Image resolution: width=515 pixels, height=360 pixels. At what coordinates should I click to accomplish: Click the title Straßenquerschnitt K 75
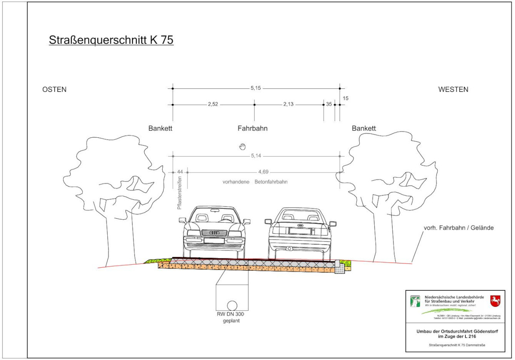click(111, 40)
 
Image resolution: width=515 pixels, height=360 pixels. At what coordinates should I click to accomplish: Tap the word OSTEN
click(55, 90)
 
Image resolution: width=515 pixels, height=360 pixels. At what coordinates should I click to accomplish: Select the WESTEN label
click(453, 90)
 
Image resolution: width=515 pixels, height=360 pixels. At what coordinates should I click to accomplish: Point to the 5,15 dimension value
click(256, 88)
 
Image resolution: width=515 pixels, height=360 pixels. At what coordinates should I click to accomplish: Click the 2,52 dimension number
click(213, 104)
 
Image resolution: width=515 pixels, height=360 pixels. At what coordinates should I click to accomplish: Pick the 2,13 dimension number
click(288, 104)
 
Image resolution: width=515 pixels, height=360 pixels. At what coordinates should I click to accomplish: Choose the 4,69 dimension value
click(264, 172)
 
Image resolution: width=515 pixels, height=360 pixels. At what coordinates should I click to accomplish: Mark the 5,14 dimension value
click(256, 157)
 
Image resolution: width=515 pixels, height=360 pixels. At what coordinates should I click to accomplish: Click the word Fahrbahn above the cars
click(253, 128)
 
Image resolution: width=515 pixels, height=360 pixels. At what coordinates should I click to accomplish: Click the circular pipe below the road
click(232, 305)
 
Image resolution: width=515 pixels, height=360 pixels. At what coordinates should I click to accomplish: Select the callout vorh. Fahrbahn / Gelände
click(457, 228)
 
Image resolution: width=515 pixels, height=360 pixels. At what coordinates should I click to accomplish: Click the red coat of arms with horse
click(495, 300)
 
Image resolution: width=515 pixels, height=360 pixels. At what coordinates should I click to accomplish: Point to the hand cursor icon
click(242, 146)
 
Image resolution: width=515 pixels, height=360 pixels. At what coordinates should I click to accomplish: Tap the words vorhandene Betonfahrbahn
click(255, 182)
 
